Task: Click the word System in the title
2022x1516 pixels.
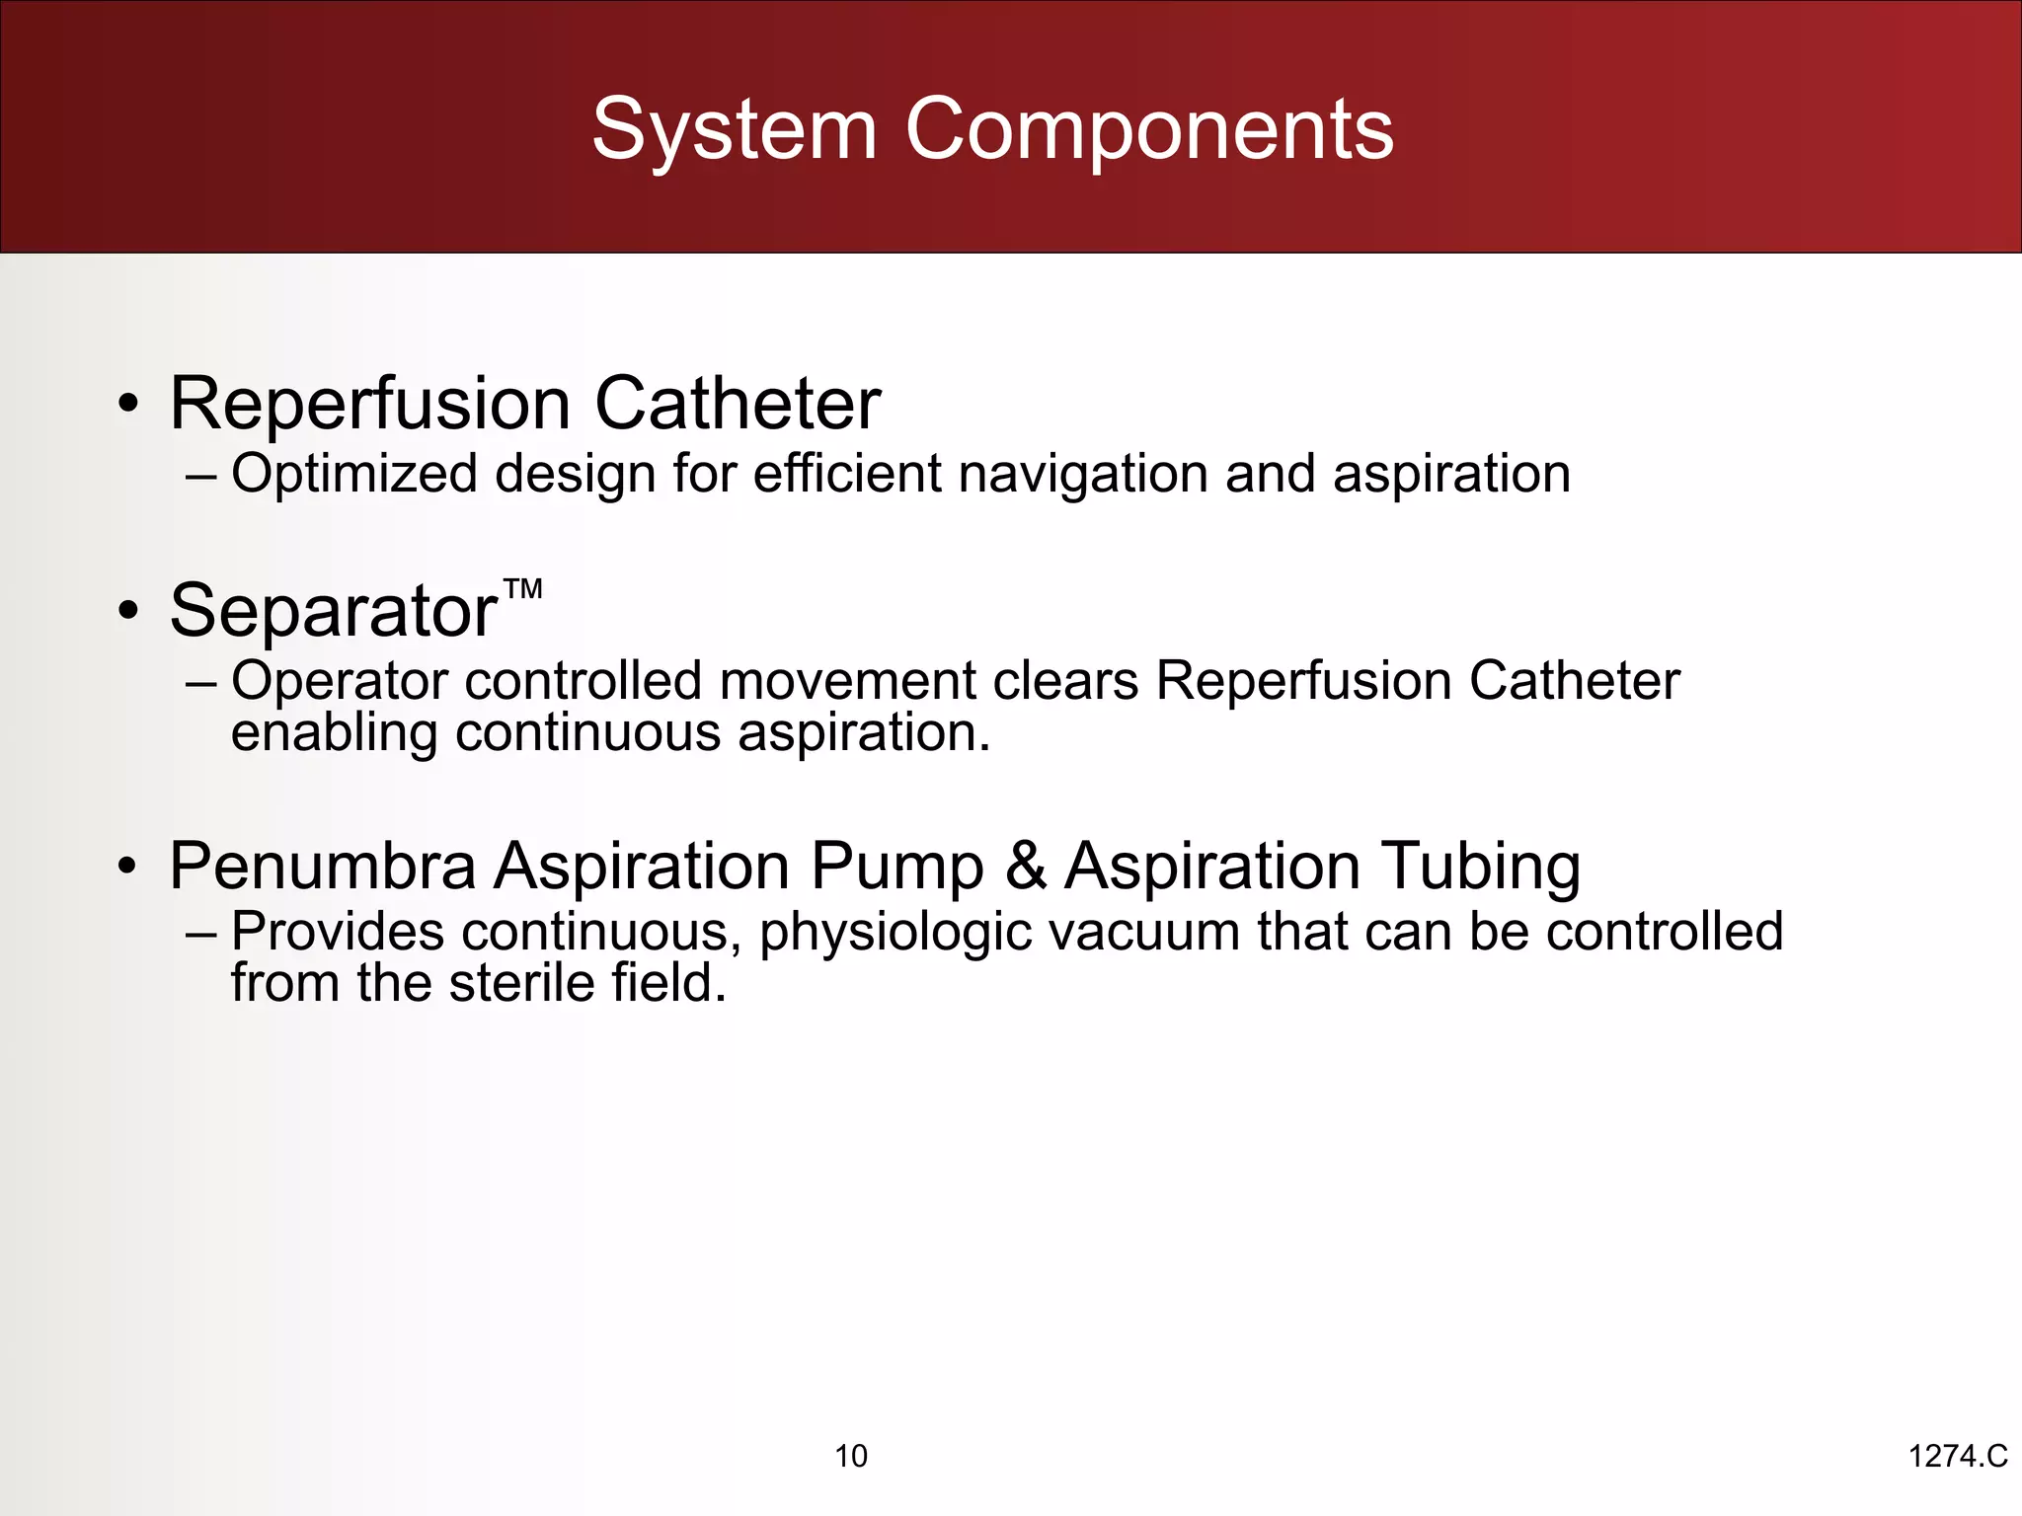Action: (x=734, y=130)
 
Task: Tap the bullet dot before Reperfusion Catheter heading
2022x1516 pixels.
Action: (x=127, y=406)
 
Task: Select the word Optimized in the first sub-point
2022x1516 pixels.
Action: (x=354, y=474)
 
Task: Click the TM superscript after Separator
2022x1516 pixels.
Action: (x=522, y=590)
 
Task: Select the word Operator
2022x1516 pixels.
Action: (x=340, y=681)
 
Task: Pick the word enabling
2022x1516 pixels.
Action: (x=334, y=733)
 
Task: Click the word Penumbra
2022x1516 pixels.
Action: (x=322, y=867)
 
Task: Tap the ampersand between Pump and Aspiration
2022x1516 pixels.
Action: (x=1026, y=867)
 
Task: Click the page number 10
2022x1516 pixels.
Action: (x=851, y=1456)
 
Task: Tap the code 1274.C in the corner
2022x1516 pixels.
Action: (x=1958, y=1456)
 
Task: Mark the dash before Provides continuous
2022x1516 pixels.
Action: (x=200, y=933)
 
